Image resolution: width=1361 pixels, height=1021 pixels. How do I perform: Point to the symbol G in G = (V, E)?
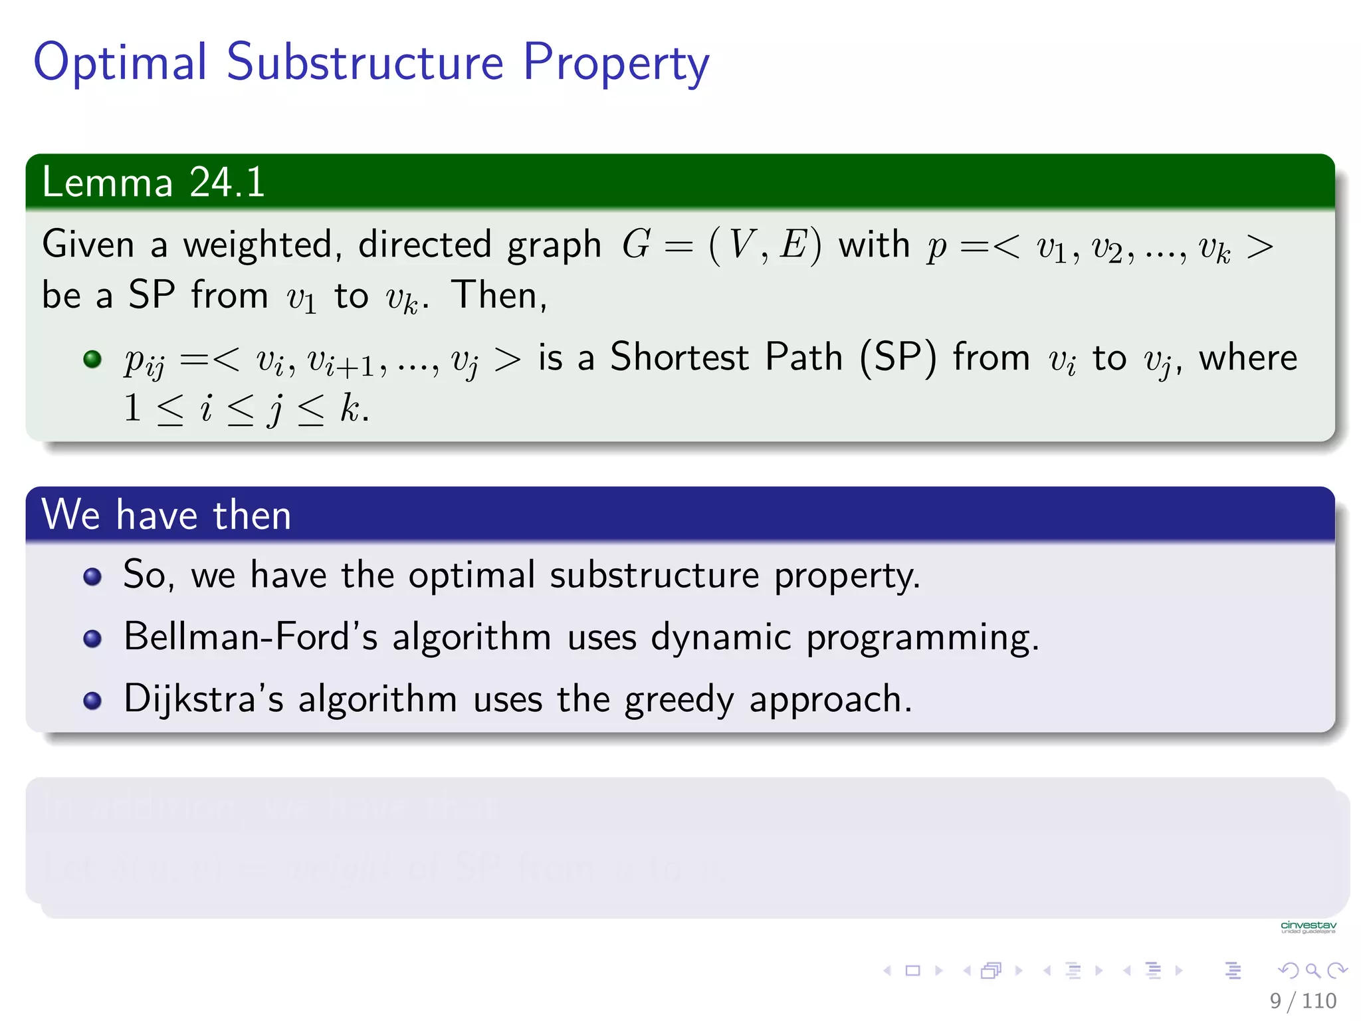click(636, 245)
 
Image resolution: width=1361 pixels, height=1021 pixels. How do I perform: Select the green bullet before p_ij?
click(92, 360)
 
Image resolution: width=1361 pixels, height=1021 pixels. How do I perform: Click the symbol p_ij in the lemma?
click(144, 362)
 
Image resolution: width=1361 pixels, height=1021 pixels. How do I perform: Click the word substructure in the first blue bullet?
click(654, 575)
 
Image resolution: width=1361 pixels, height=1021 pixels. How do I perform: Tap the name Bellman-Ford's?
click(250, 637)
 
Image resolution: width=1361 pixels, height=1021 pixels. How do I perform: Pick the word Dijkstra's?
click(203, 699)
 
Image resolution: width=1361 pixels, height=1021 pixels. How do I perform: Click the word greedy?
click(679, 701)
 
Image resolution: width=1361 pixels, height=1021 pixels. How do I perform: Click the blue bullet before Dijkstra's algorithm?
click(92, 701)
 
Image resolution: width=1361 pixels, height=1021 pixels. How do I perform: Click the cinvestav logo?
click(1308, 927)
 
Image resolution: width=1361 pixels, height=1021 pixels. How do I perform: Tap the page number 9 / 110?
click(1303, 1000)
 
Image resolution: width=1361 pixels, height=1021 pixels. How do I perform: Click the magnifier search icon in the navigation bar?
click(1312, 970)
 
